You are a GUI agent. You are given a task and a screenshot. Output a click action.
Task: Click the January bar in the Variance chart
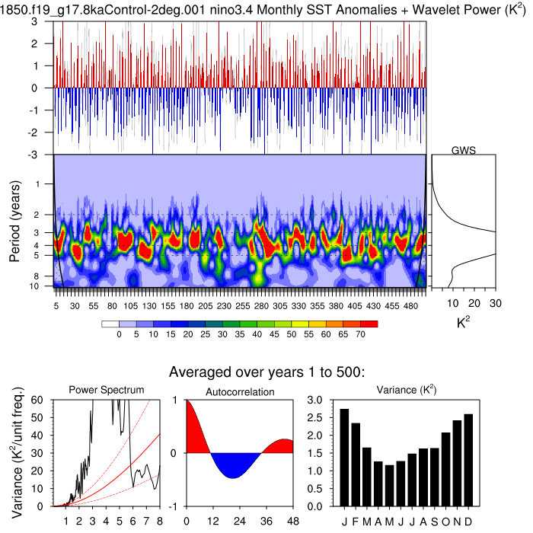pos(344,458)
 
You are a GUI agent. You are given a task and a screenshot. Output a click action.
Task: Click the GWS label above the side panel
pos(463,150)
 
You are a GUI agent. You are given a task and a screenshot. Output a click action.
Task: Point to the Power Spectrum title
pos(107,390)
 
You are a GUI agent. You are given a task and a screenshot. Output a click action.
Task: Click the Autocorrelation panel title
pos(240,391)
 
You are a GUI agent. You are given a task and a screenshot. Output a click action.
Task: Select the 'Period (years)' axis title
pos(14,220)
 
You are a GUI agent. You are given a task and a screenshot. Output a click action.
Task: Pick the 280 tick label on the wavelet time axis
pos(261,305)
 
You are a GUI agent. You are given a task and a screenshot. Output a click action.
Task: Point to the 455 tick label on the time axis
pos(391,305)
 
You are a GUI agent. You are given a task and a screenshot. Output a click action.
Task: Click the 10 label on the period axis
pos(44,286)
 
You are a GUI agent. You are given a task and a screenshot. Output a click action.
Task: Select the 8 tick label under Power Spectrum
pos(159,522)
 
